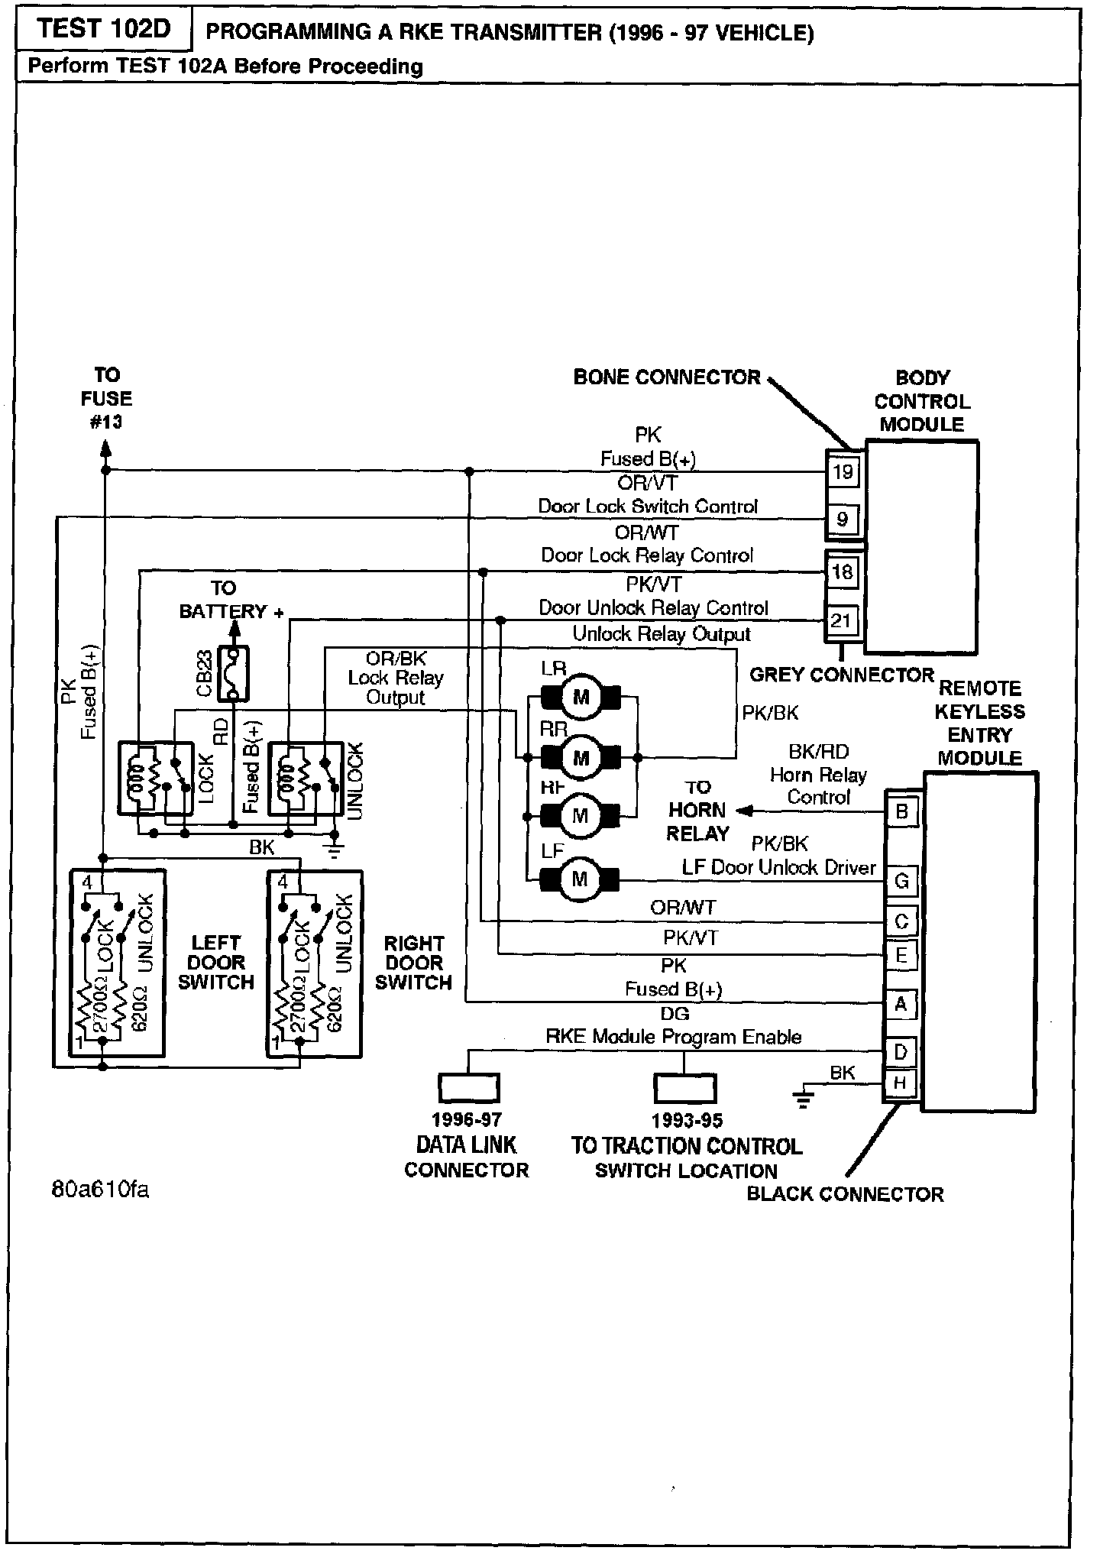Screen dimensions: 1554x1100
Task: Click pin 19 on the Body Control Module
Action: (x=843, y=471)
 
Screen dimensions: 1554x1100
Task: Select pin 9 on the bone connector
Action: (x=843, y=520)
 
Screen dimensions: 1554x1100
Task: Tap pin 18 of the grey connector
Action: (x=843, y=571)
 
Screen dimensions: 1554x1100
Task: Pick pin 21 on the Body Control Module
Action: (x=841, y=620)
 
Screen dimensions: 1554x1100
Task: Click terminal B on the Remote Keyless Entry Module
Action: (x=901, y=811)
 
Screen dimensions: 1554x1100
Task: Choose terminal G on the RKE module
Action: (x=901, y=881)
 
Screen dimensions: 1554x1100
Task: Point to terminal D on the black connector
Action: (x=901, y=1052)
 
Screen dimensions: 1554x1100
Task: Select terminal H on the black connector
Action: (x=901, y=1083)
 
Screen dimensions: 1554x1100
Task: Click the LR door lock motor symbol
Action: (x=581, y=697)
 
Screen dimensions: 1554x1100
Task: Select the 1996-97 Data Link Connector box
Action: (x=468, y=1088)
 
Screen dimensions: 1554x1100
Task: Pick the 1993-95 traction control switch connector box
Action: (x=685, y=1089)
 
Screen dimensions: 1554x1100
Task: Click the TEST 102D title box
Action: (x=103, y=31)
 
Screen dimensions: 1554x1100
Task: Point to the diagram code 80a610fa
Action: (x=99, y=1190)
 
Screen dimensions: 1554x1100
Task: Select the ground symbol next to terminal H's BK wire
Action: (x=803, y=1100)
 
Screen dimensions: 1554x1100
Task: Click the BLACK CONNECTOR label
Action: (x=845, y=1194)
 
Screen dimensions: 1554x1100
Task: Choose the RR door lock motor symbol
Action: (x=581, y=758)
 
